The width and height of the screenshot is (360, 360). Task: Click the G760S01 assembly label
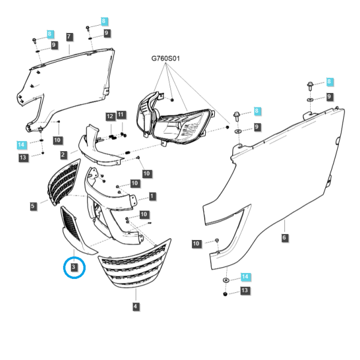coord(166,58)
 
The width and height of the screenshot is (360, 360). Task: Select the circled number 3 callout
coord(74,267)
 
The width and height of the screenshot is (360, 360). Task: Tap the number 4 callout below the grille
coord(136,306)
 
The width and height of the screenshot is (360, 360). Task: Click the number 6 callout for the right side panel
coord(284,238)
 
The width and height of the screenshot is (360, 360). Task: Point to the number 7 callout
coord(70,37)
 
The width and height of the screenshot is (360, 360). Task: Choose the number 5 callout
coord(33,206)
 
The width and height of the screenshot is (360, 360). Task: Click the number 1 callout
coord(152,196)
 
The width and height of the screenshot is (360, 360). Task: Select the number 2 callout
coord(63,155)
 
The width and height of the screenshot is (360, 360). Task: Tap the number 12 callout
coord(110,116)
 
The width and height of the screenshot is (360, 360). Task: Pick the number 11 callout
coord(121,115)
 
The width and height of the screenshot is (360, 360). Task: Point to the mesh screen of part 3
coord(70,224)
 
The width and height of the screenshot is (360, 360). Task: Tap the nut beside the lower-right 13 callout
coord(225,294)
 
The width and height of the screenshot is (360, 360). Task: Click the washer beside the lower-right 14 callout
coord(226,280)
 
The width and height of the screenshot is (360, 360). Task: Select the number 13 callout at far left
coord(23,157)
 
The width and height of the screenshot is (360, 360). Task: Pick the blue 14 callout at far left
coord(22,145)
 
